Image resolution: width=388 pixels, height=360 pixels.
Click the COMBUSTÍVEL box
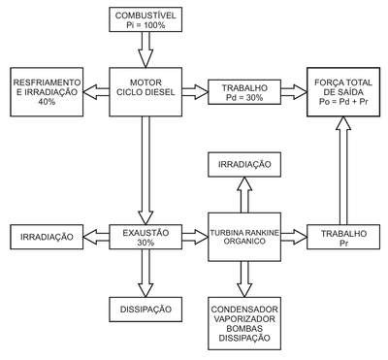[x=145, y=19]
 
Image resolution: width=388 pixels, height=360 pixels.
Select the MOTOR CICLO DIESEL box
[x=145, y=92]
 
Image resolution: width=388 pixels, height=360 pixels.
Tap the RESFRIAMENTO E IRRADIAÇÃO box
[x=47, y=92]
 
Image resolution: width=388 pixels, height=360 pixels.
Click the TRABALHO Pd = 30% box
[x=244, y=92]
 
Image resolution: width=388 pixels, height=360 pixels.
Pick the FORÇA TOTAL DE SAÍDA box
[x=343, y=92]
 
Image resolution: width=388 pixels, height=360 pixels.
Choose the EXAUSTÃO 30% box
[x=145, y=237]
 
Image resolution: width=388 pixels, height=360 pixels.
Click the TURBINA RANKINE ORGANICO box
[x=244, y=237]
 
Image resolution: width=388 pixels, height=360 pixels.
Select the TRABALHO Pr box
[x=343, y=237]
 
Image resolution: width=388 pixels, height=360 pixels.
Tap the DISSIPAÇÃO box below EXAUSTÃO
[x=145, y=310]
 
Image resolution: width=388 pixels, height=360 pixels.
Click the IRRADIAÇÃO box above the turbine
[x=244, y=164]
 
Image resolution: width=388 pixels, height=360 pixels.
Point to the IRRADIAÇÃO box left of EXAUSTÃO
[x=47, y=237]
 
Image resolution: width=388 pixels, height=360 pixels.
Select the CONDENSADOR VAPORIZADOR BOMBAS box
[x=244, y=323]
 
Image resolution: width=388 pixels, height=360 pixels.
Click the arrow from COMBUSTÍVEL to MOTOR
[x=145, y=49]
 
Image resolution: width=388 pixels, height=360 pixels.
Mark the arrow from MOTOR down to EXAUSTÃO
[x=145, y=171]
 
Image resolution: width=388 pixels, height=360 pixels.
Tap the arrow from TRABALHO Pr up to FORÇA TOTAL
[x=343, y=171]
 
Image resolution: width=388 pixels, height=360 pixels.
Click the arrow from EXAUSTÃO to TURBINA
[x=195, y=237]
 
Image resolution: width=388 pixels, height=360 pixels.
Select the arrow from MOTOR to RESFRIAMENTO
[x=96, y=92]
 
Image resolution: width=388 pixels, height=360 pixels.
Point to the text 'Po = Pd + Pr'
[x=343, y=102]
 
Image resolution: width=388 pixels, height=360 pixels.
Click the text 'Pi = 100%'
[x=145, y=25]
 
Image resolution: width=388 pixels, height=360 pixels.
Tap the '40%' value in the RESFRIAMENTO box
[x=47, y=102]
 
